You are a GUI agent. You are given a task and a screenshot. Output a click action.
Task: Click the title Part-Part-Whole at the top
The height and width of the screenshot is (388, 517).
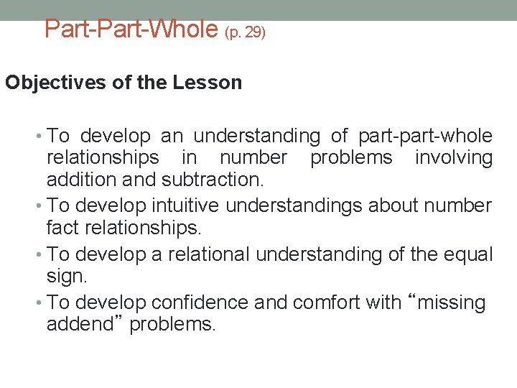point(131,29)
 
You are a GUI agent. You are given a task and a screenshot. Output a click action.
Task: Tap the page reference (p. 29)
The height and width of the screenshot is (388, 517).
point(245,32)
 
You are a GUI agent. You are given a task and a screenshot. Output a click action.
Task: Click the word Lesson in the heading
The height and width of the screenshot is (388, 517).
point(208,83)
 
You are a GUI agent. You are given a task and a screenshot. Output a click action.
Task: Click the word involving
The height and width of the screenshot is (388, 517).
point(454,158)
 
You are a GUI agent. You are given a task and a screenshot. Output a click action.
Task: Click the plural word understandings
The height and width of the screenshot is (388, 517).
point(294,206)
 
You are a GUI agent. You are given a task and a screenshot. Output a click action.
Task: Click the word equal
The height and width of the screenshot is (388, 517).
point(468,254)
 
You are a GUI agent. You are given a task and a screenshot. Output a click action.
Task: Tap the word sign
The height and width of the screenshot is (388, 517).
point(65,277)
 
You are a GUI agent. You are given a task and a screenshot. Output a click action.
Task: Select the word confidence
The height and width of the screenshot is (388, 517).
point(198,302)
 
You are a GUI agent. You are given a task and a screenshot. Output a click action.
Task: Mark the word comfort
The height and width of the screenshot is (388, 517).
point(325,302)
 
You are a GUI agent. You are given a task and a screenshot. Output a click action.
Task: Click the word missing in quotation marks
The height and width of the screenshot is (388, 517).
point(451,302)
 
